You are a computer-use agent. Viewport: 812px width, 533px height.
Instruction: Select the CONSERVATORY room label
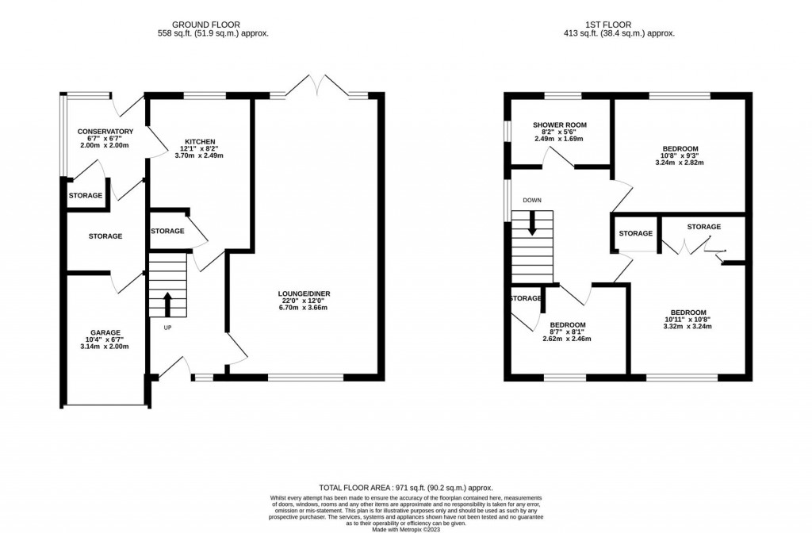(x=105, y=132)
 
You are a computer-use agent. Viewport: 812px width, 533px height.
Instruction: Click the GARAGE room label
(x=103, y=332)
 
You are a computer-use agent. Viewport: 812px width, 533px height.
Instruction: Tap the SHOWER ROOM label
(x=559, y=125)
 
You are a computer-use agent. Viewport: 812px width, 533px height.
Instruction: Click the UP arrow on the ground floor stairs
(x=167, y=301)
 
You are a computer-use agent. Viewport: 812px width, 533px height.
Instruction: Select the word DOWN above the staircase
(x=532, y=200)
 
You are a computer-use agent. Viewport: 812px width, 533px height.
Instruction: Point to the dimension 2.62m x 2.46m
(x=567, y=339)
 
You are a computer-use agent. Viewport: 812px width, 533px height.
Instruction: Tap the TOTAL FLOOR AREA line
(x=406, y=488)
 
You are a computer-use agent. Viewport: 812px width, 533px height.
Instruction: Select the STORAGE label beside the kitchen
(x=167, y=231)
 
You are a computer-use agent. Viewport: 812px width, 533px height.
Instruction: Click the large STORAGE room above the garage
(x=105, y=236)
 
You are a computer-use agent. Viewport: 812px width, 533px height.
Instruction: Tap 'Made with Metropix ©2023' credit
(x=406, y=519)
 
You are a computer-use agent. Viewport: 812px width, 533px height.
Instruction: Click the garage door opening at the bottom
(x=105, y=407)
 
